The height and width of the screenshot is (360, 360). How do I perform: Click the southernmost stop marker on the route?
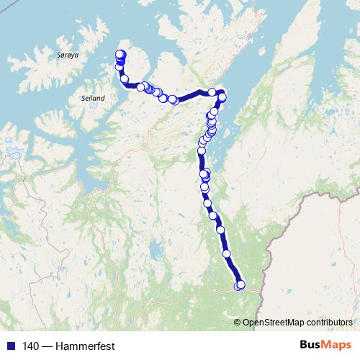click(x=240, y=286)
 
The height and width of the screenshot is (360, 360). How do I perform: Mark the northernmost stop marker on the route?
click(x=120, y=53)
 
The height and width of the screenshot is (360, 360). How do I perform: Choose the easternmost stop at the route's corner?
click(x=222, y=97)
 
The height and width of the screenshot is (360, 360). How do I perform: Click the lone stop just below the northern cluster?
click(x=124, y=78)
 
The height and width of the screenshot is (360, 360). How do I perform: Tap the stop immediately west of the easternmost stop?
click(x=212, y=91)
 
